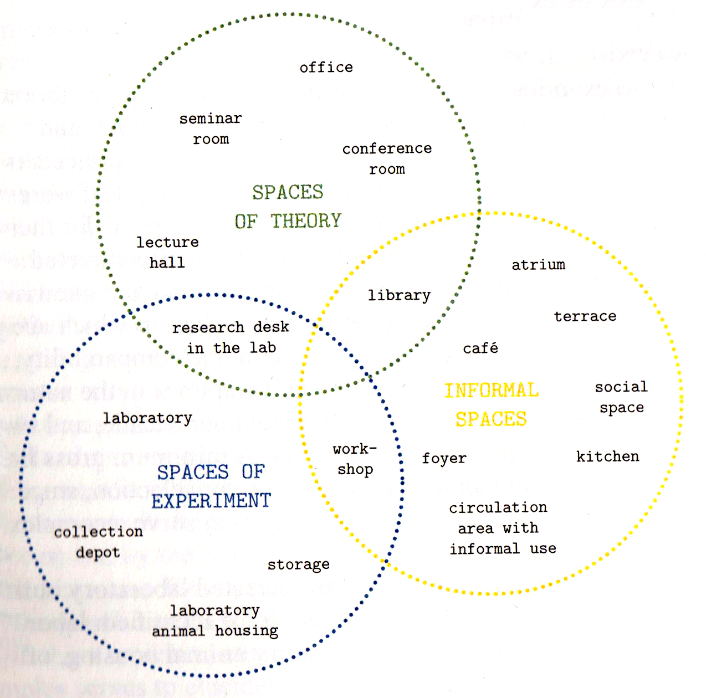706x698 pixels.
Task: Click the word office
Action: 326,68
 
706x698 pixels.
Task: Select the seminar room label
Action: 211,129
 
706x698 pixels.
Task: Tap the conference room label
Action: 387,158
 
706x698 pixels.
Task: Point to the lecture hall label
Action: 167,252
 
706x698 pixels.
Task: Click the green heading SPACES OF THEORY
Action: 288,207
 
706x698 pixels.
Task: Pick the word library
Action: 399,295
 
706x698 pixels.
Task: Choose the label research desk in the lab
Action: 231,337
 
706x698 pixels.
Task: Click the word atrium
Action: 538,265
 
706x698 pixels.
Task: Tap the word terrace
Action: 585,316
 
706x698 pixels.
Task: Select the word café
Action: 480,348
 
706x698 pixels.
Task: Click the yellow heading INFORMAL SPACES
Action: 491,404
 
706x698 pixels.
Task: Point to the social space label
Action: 621,397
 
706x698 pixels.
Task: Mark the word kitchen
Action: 607,456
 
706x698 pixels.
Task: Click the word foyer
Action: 444,459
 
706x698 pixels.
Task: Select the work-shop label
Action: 355,459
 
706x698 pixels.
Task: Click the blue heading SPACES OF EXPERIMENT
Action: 211,486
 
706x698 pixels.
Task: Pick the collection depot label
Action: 98,542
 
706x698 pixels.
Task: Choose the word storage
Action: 298,564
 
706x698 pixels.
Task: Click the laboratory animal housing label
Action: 215,620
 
